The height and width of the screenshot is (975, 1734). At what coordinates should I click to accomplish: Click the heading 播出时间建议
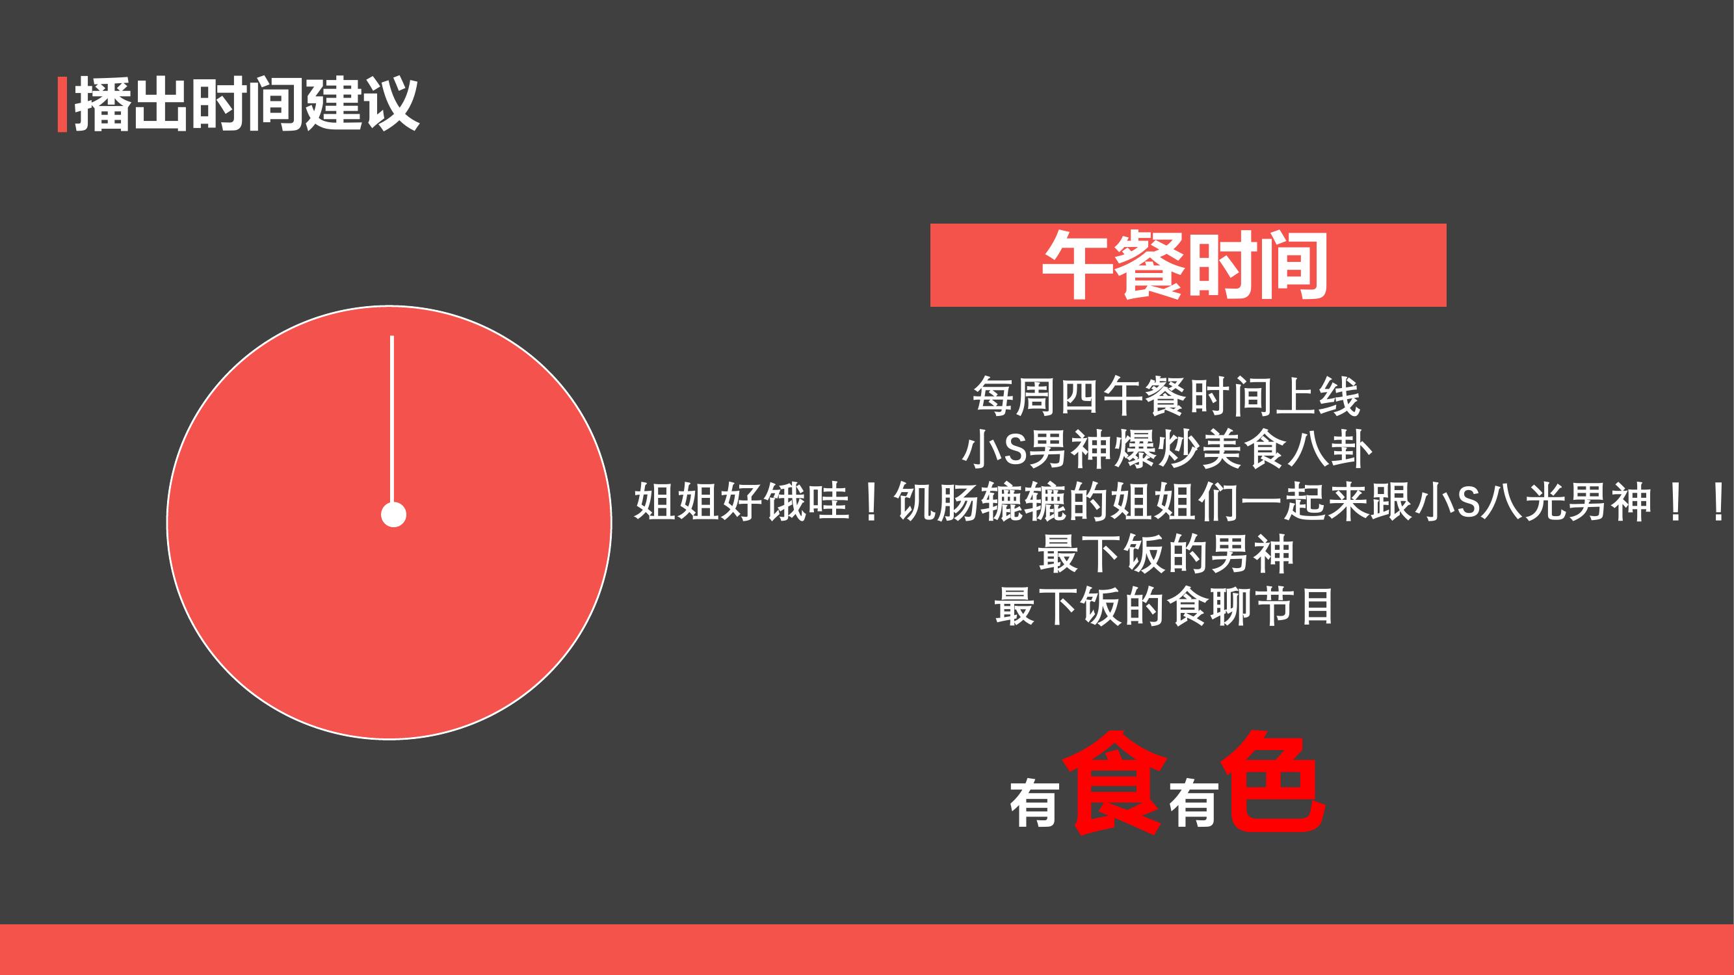coord(246,104)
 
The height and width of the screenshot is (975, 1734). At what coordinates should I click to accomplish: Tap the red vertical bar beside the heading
coord(62,104)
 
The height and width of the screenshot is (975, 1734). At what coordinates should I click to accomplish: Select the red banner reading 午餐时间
coord(1188,265)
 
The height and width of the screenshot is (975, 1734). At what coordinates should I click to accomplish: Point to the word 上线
coord(1317,397)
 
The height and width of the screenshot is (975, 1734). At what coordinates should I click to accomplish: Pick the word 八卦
coord(1329,450)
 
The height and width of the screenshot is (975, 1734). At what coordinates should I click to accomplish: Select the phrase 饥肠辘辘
coord(979,502)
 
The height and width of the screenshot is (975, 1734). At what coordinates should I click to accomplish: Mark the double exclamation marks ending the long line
coord(1696,502)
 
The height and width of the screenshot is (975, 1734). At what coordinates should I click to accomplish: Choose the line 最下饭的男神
coord(1166,554)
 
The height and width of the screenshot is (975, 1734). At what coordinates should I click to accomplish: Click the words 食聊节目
coord(1251,607)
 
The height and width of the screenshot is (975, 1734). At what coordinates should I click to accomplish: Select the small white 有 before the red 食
coord(1034,803)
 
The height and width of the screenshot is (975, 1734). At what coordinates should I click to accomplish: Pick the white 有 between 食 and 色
coord(1194,803)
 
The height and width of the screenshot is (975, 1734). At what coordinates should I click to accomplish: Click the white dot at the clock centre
coord(394,515)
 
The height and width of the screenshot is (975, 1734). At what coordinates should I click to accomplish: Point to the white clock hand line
coord(392,419)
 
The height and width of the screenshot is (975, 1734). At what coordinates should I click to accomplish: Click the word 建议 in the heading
coord(362,104)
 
